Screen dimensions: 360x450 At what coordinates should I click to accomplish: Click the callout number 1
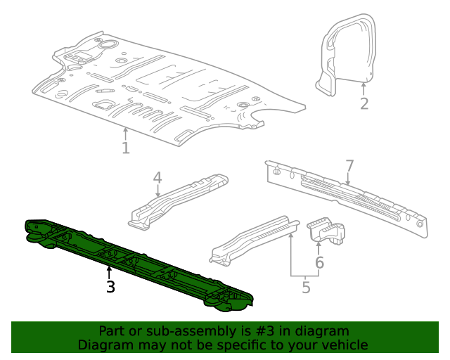125,148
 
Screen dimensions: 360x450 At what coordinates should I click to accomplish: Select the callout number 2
364,104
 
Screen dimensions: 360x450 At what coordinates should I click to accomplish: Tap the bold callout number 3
110,286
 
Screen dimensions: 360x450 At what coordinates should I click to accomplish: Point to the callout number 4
157,178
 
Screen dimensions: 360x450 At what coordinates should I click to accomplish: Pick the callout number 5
306,287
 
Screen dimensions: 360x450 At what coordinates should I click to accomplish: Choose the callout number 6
319,263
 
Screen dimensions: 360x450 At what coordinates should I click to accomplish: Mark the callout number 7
349,166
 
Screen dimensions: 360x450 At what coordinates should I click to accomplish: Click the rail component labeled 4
179,200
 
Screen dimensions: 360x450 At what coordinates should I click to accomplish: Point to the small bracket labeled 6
328,231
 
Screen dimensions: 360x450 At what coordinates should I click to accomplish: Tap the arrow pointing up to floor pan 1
125,133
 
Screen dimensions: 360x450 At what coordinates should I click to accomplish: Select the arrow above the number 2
364,89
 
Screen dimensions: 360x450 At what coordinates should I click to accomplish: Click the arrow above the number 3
109,271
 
